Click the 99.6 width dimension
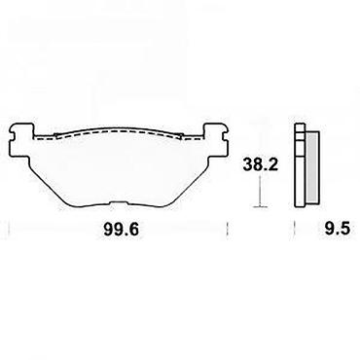122,230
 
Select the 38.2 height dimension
261,164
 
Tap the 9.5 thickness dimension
337,230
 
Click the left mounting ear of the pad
20,139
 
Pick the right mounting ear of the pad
216,139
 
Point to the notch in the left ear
12,133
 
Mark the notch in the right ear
227,133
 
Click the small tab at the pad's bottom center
118,203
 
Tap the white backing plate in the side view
300,165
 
